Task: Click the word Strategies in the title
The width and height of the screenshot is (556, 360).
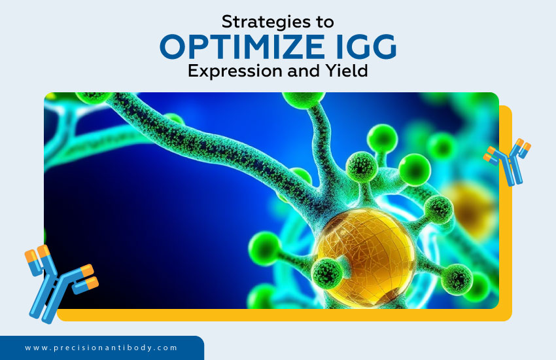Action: pyautogui.click(x=260, y=21)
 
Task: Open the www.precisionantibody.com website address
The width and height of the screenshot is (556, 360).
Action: pyautogui.click(x=101, y=348)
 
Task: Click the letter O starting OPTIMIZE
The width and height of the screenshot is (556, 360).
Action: pyautogui.click(x=175, y=47)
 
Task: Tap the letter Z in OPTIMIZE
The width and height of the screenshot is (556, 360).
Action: pyautogui.click(x=289, y=47)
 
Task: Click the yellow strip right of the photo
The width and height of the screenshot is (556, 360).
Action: pyautogui.click(x=505, y=249)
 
